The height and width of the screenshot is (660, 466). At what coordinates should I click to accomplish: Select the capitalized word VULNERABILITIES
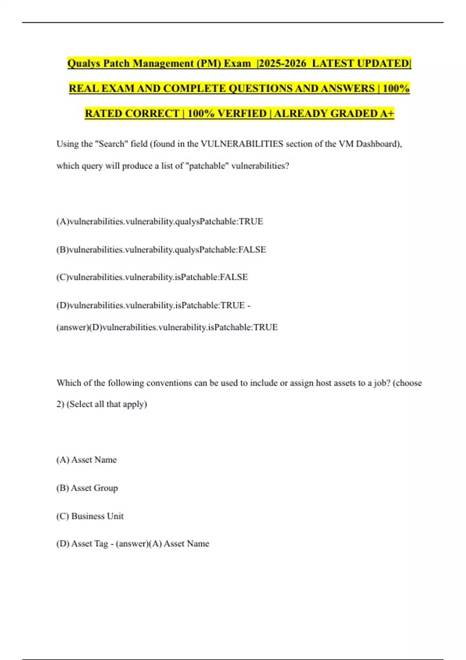242,144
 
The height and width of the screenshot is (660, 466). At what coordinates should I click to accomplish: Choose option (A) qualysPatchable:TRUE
160,221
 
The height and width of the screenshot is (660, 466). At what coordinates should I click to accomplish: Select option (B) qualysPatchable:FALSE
161,249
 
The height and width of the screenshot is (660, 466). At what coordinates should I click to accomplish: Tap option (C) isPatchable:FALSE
152,277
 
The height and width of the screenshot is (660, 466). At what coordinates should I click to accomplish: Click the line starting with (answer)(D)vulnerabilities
167,327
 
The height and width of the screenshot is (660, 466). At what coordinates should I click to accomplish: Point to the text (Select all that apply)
107,404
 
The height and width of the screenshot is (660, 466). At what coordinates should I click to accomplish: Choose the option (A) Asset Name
87,460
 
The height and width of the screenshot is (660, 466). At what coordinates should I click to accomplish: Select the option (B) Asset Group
87,488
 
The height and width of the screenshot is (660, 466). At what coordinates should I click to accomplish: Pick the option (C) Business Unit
90,516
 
